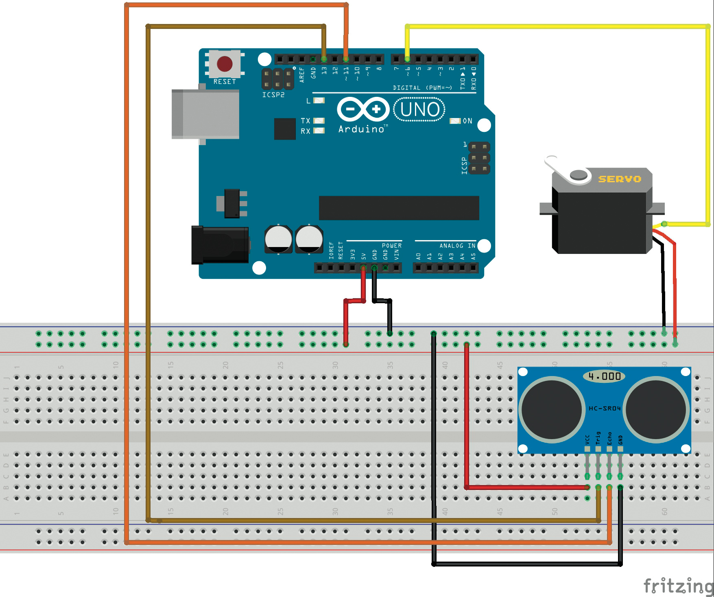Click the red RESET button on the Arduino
225,64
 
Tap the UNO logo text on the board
419,109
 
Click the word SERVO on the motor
619,179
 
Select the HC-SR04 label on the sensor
605,408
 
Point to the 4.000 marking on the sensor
605,376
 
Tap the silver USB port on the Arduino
205,114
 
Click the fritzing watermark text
678,586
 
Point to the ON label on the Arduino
467,121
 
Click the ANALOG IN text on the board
457,246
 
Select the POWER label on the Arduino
391,246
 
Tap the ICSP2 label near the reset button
273,95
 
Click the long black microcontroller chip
399,208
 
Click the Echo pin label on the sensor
609,438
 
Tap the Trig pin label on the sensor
598,438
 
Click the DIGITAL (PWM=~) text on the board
422,88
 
